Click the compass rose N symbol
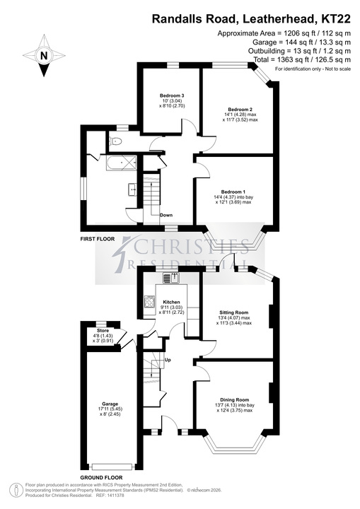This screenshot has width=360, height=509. [x=44, y=56]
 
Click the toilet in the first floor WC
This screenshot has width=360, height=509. [x=116, y=141]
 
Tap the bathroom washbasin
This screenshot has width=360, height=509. [x=133, y=189]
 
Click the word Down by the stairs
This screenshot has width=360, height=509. [x=166, y=215]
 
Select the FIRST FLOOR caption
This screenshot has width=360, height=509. [x=98, y=239]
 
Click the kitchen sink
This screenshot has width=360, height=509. [x=171, y=279]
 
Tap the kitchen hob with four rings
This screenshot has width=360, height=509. [x=149, y=302]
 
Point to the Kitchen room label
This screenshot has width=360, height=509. [x=171, y=302]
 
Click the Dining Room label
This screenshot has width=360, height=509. [x=235, y=400]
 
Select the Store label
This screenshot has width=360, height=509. [x=103, y=330]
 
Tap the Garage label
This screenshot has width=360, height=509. [x=110, y=404]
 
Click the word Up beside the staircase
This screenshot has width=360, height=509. [x=168, y=360]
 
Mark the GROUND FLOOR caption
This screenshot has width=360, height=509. [x=101, y=477]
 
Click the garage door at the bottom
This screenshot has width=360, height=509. [x=112, y=467]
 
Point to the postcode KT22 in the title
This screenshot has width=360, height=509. [x=336, y=19]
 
